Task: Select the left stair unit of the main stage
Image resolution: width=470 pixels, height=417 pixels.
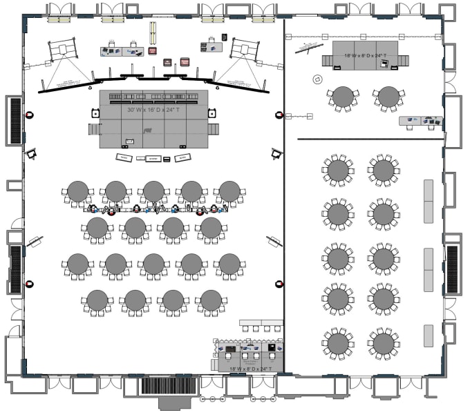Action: pyautogui.click(x=93, y=129)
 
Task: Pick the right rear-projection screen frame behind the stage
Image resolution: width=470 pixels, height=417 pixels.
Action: pyautogui.click(x=245, y=49)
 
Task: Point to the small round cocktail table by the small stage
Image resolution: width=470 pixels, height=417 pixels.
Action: pyautogui.click(x=317, y=79)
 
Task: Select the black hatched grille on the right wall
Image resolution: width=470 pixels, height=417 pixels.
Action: pyautogui.click(x=453, y=268)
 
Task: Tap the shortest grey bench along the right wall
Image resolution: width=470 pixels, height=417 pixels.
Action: pyautogui.click(x=429, y=336)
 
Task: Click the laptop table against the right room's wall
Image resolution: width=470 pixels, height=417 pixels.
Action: pyautogui.click(x=421, y=122)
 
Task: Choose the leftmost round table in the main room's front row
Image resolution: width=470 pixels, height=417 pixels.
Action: pyautogui.click(x=77, y=191)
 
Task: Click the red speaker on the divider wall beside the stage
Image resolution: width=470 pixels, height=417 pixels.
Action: pyautogui.click(x=279, y=115)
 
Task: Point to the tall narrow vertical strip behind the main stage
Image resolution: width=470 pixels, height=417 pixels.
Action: pyautogui.click(x=151, y=33)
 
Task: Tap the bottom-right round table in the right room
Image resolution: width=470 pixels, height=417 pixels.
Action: pyautogui.click(x=384, y=342)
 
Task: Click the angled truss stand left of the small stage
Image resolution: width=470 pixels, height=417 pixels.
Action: pyautogui.click(x=308, y=47)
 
